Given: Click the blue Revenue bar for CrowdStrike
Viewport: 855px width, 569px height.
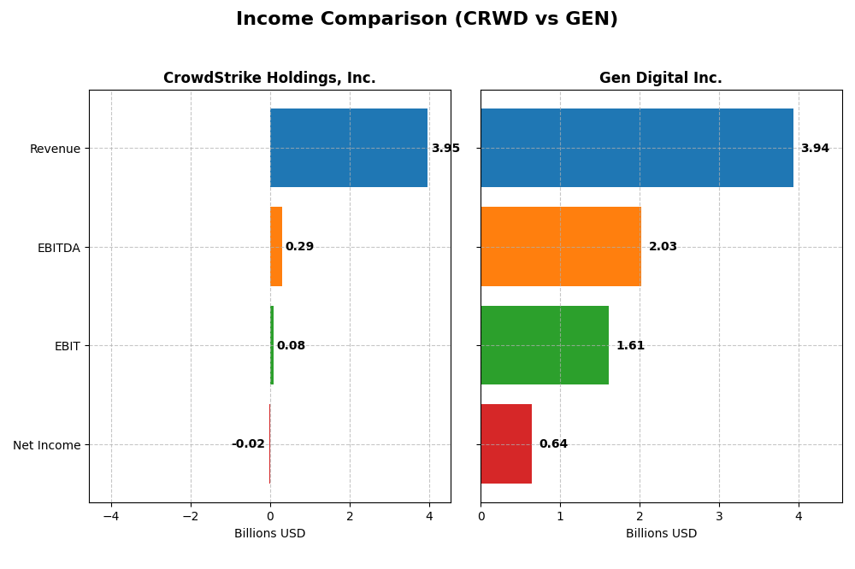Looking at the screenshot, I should tap(349, 148).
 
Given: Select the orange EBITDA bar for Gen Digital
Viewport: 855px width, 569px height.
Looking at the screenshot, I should tap(561, 247).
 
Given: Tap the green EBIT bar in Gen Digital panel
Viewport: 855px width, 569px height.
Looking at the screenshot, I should tap(545, 345).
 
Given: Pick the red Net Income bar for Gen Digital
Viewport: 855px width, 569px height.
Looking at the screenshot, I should tap(506, 444).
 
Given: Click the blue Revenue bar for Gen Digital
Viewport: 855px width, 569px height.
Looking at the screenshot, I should tap(637, 148).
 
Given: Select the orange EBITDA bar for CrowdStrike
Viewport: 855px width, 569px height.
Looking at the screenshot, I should tap(276, 247).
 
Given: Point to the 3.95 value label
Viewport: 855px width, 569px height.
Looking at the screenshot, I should tap(445, 149).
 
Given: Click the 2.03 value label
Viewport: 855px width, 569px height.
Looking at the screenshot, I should tap(663, 247).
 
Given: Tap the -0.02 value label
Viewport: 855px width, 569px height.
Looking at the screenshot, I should tap(248, 444).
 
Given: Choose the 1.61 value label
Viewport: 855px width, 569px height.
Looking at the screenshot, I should tap(630, 346).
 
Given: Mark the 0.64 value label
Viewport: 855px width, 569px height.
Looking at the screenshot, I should tap(553, 444).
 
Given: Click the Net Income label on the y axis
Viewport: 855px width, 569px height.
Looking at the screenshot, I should tap(47, 445).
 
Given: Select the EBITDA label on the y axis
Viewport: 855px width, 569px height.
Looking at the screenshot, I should tap(59, 248).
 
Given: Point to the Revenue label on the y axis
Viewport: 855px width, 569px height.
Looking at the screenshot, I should tap(55, 149).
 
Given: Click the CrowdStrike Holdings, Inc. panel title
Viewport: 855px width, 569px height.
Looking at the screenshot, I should tap(269, 79).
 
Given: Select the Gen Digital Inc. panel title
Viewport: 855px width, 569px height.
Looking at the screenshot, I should tap(661, 79).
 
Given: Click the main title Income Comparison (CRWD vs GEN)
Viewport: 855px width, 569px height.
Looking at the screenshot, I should tap(427, 20).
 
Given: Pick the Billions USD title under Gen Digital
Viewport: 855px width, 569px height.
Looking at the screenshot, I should tap(661, 534).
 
